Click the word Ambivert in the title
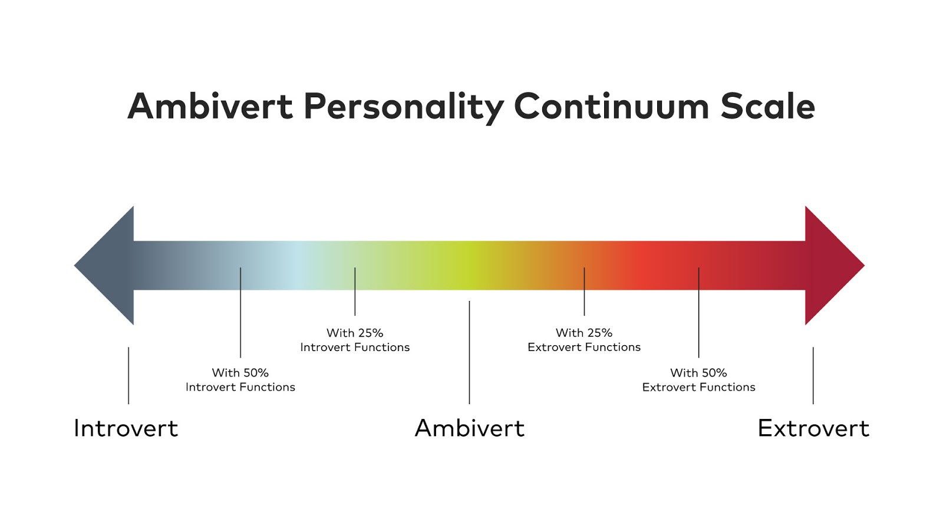[x=210, y=106]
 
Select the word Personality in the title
[x=403, y=107]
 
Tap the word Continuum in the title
[x=611, y=106]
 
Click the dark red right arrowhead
[x=831, y=265]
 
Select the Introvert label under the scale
[x=126, y=428]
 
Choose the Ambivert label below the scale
[x=469, y=428]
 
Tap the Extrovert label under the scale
[x=813, y=428]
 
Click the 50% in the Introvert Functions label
[x=256, y=373]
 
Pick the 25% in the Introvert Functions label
[x=370, y=333]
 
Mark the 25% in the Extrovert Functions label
[x=599, y=333]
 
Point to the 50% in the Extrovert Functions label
[x=714, y=373]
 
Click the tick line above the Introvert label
[x=128, y=375]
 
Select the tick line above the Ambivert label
[x=469, y=352]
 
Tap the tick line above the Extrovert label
[x=813, y=375]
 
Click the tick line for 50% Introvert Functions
[x=240, y=313]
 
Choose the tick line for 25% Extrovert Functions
[x=584, y=291]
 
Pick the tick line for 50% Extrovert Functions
[x=699, y=313]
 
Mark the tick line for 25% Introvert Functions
[x=355, y=291]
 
